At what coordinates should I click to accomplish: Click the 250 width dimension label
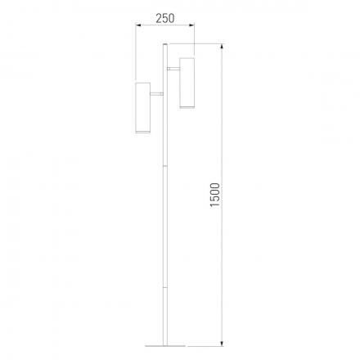coord(165,19)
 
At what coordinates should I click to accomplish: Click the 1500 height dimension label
coord(215,195)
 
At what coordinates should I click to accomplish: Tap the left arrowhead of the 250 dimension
coord(138,25)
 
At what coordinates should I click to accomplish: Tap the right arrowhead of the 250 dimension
coord(191,25)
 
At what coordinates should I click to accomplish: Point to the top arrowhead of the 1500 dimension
coord(223,47)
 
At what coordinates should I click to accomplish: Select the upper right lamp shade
coord(187,83)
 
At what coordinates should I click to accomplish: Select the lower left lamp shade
coord(143,108)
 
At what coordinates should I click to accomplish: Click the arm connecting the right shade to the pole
coord(173,69)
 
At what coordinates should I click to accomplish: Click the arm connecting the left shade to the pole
coord(156,94)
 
